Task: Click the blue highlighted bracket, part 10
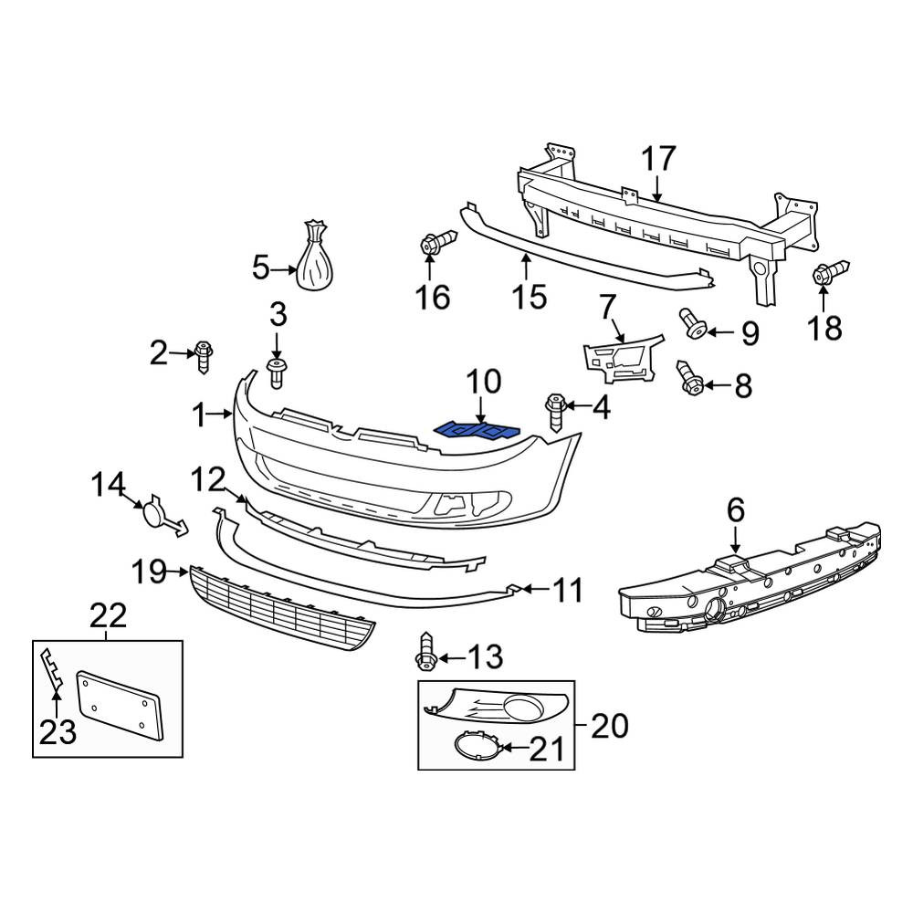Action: pyautogui.click(x=477, y=430)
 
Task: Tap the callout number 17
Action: pyautogui.click(x=658, y=159)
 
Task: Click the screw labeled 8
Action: pyautogui.click(x=689, y=378)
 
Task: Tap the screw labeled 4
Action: pyautogui.click(x=555, y=412)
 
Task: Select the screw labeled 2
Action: pyautogui.click(x=204, y=356)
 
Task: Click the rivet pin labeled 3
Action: pyautogui.click(x=276, y=373)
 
